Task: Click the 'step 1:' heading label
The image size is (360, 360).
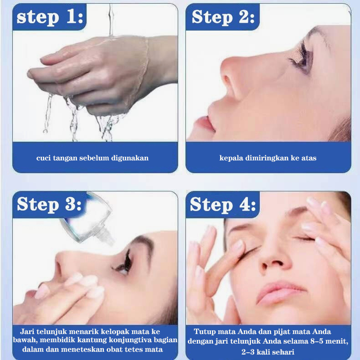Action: (50, 17)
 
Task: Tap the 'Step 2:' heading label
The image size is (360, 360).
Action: (223, 17)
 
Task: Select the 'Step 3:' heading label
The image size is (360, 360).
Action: (49, 204)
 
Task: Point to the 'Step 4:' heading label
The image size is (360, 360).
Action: (223, 204)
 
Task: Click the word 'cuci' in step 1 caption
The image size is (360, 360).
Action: (43, 158)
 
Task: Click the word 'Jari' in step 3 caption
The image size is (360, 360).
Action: (27, 332)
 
